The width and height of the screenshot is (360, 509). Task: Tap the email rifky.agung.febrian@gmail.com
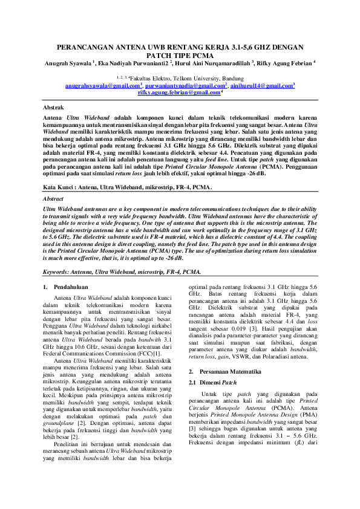pos(179,92)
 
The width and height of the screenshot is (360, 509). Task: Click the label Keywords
pos(61,273)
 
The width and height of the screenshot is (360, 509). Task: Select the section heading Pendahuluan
pos(71,287)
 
